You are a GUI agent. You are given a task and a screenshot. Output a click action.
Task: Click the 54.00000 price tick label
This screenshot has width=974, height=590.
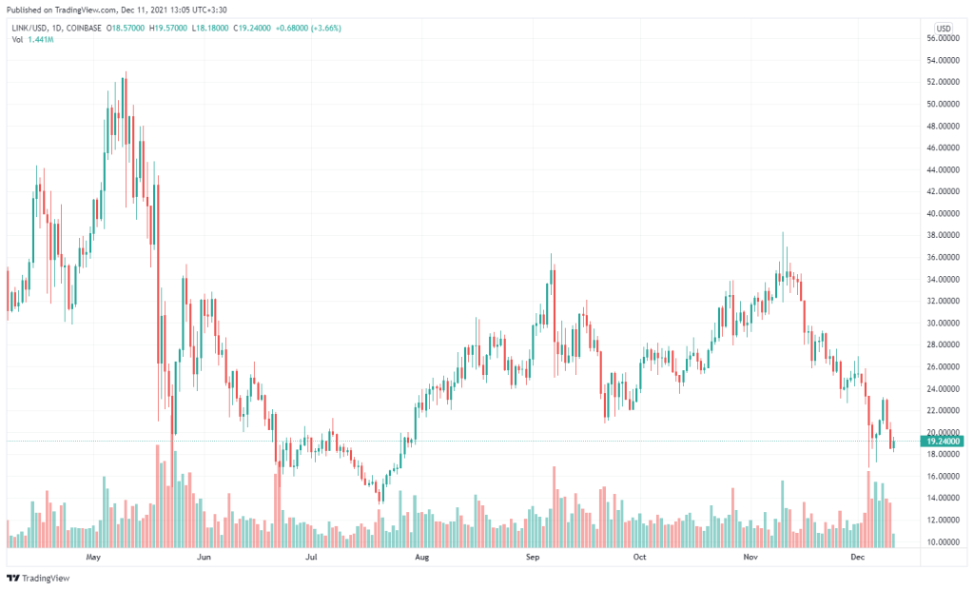click(943, 60)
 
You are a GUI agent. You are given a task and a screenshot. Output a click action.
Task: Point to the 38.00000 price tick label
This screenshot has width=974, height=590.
click(943, 235)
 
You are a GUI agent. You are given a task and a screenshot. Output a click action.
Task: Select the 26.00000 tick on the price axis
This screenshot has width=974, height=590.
click(943, 366)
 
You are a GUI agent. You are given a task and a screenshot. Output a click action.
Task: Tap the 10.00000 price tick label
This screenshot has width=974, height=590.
click(943, 541)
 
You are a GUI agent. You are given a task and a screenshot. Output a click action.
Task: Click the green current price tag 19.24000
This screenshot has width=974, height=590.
click(944, 441)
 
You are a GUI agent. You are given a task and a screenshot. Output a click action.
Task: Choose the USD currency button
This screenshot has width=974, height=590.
click(945, 28)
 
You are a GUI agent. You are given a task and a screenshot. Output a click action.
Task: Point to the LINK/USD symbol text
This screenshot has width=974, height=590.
click(29, 28)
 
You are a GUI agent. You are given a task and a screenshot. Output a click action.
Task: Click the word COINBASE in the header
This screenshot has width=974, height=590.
click(86, 28)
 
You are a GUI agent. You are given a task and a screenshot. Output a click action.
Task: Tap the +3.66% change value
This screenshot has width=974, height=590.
click(324, 28)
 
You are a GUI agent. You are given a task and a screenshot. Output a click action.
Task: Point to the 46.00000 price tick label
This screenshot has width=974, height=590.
click(943, 147)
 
